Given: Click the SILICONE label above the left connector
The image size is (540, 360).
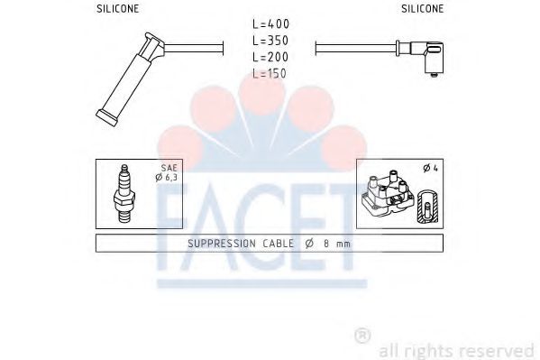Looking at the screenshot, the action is (117, 9).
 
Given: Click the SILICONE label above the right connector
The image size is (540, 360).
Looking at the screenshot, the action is (422, 9).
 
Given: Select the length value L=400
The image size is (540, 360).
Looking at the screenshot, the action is (271, 23).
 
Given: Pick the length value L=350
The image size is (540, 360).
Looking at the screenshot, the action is (270, 41).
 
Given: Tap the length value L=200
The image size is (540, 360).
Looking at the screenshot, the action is (270, 57).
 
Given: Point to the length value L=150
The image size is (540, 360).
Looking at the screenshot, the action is (270, 73).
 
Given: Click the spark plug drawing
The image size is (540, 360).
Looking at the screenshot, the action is (124, 194).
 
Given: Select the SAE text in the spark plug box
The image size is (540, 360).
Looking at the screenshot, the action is (169, 168).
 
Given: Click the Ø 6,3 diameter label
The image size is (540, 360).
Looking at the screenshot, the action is (166, 177).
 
